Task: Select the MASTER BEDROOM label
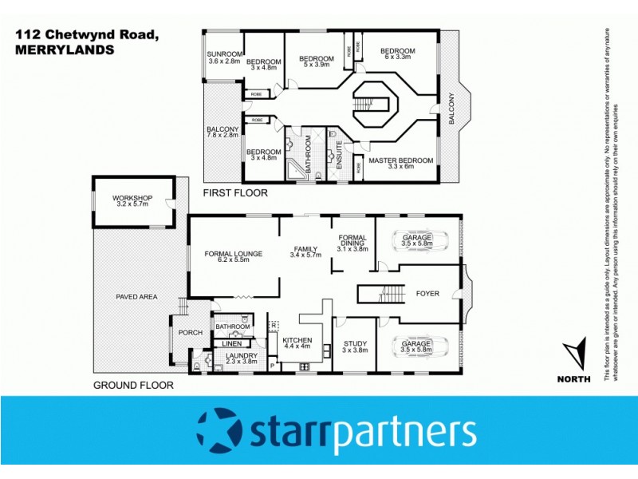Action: (x=400, y=160)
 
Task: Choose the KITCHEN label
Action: (x=297, y=341)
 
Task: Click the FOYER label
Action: (x=427, y=294)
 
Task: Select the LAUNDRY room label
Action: (x=240, y=356)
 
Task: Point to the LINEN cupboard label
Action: (x=231, y=344)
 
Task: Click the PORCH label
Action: (x=191, y=333)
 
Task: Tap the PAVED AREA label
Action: (x=136, y=297)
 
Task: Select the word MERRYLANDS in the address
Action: (x=63, y=49)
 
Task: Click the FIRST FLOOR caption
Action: (x=235, y=193)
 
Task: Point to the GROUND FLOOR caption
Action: (x=133, y=385)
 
